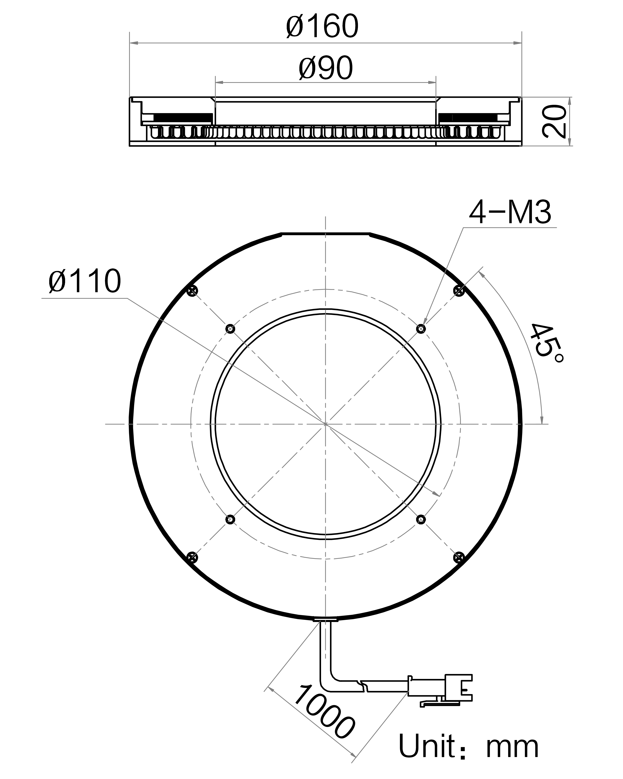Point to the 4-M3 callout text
point(510,213)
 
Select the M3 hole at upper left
point(230,328)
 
